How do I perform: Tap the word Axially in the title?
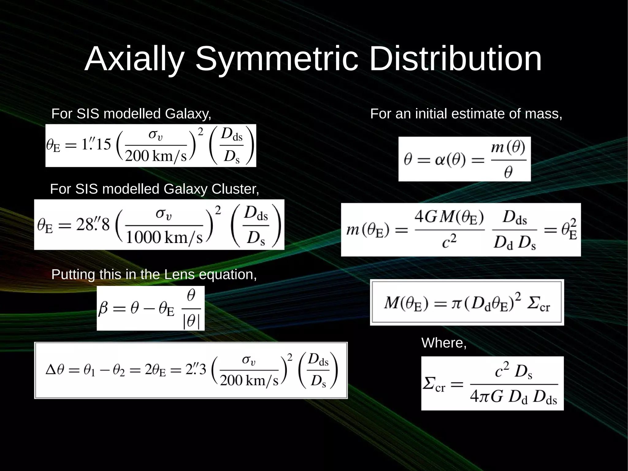pyautogui.click(x=134, y=59)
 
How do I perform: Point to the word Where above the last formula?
pyautogui.click(x=443, y=343)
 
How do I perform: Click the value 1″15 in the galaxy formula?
pyautogui.click(x=96, y=144)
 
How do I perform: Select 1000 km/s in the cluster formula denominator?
pyautogui.click(x=164, y=237)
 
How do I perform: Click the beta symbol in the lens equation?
pyautogui.click(x=103, y=309)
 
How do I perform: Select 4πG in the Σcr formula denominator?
pyautogui.click(x=487, y=397)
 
